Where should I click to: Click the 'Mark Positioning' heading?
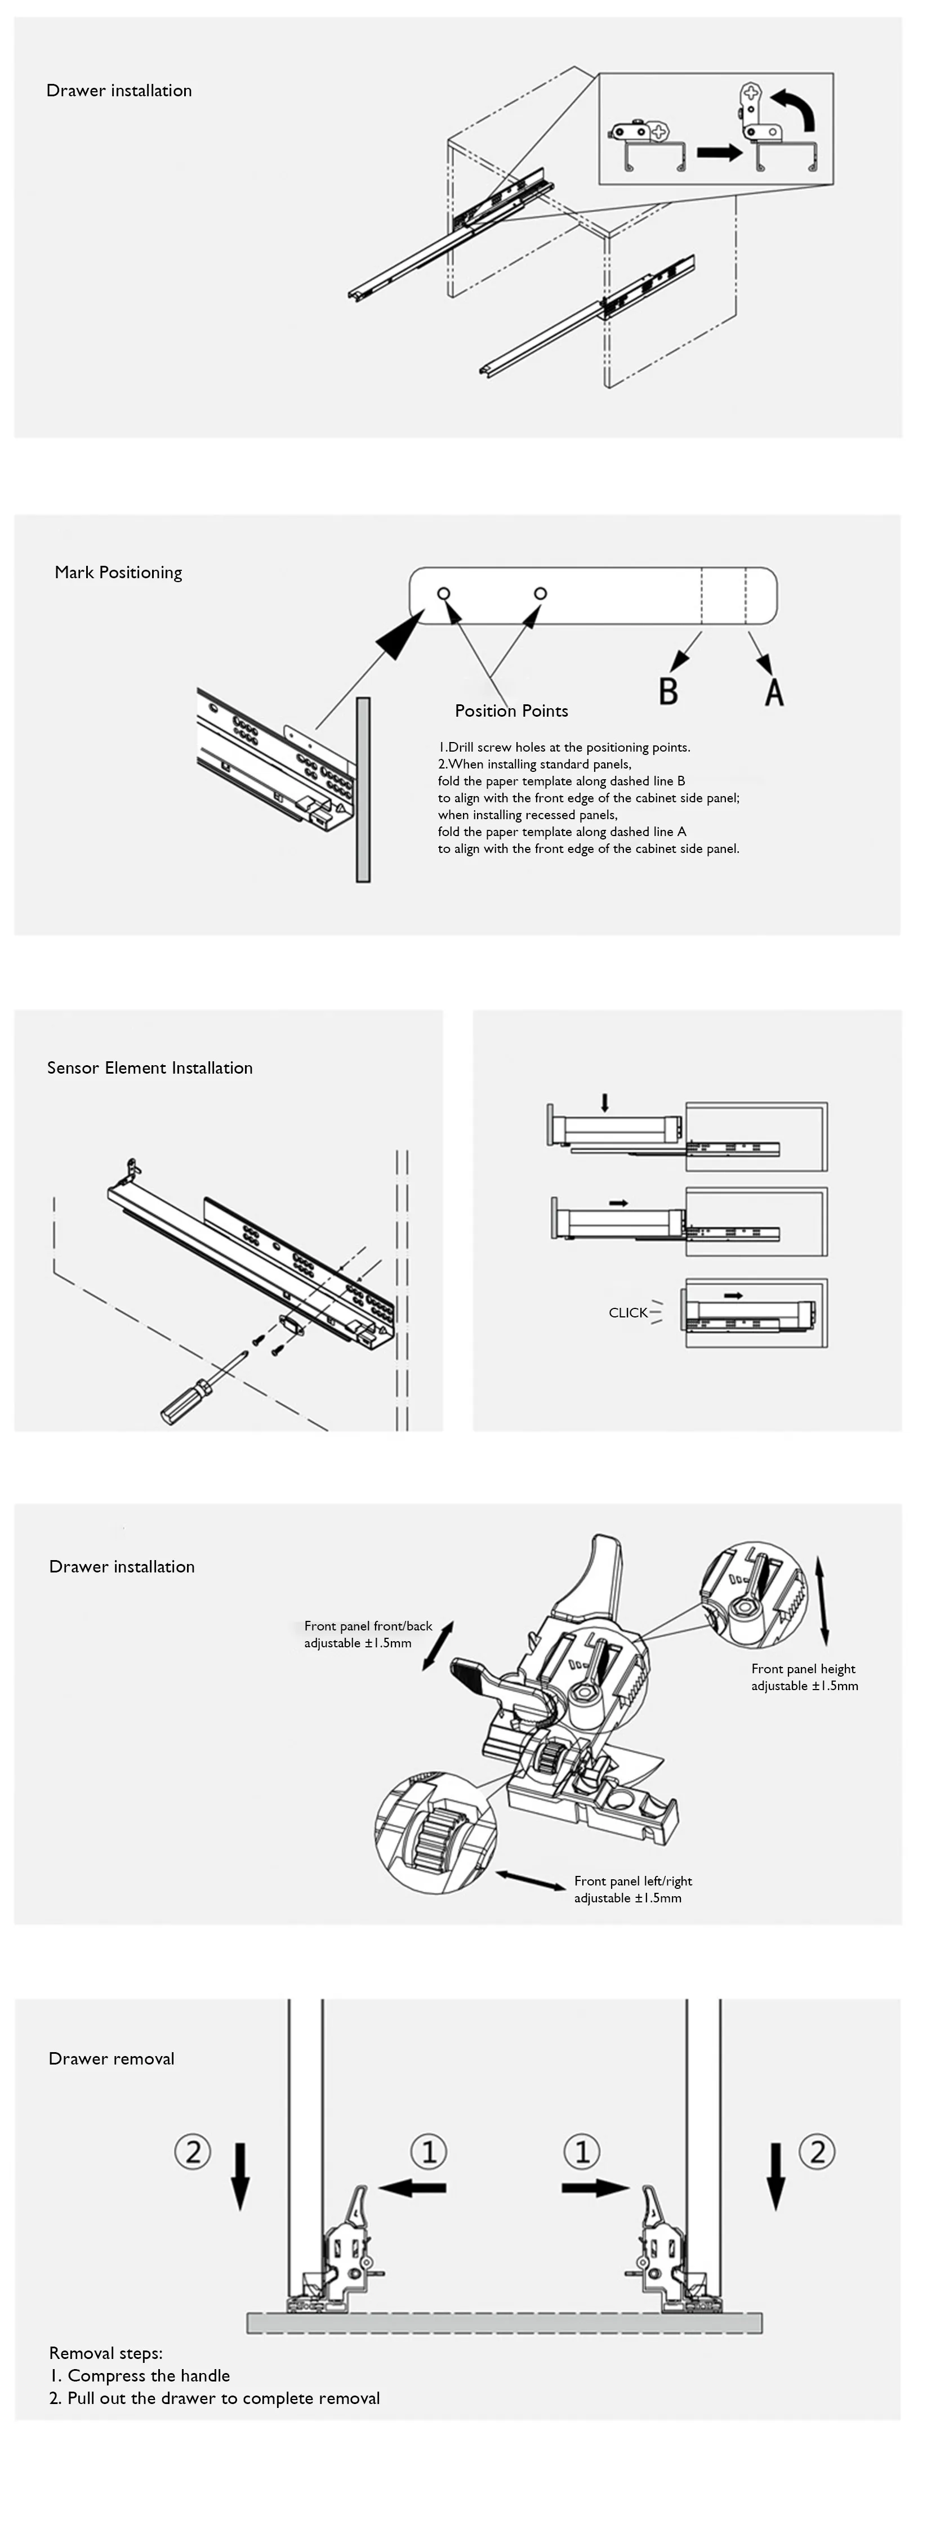[118, 573]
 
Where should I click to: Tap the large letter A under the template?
[774, 691]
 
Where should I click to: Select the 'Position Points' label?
[511, 711]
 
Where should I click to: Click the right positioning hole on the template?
[540, 593]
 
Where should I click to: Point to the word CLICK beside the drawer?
[627, 1312]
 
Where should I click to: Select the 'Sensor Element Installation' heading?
[150, 1068]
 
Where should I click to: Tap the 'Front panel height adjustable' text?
[804, 1677]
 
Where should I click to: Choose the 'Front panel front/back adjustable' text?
[367, 1634]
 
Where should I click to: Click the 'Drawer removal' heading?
[112, 2058]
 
